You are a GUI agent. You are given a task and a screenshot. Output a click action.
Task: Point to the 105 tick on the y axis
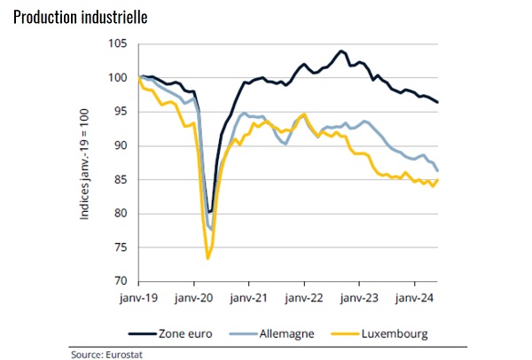pyautogui.click(x=118, y=44)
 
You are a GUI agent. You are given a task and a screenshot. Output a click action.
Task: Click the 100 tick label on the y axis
pyautogui.click(x=118, y=78)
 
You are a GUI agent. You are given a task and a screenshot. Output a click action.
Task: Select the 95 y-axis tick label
pyautogui.click(x=121, y=112)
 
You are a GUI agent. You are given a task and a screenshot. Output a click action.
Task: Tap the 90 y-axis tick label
pyautogui.click(x=121, y=145)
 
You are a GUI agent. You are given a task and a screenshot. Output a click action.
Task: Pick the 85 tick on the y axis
pyautogui.click(x=121, y=180)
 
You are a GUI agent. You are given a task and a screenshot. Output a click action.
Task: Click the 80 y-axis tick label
pyautogui.click(x=121, y=214)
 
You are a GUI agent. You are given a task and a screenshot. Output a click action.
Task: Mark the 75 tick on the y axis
pyautogui.click(x=121, y=247)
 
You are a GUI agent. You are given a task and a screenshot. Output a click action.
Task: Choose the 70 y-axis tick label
pyautogui.click(x=121, y=281)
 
